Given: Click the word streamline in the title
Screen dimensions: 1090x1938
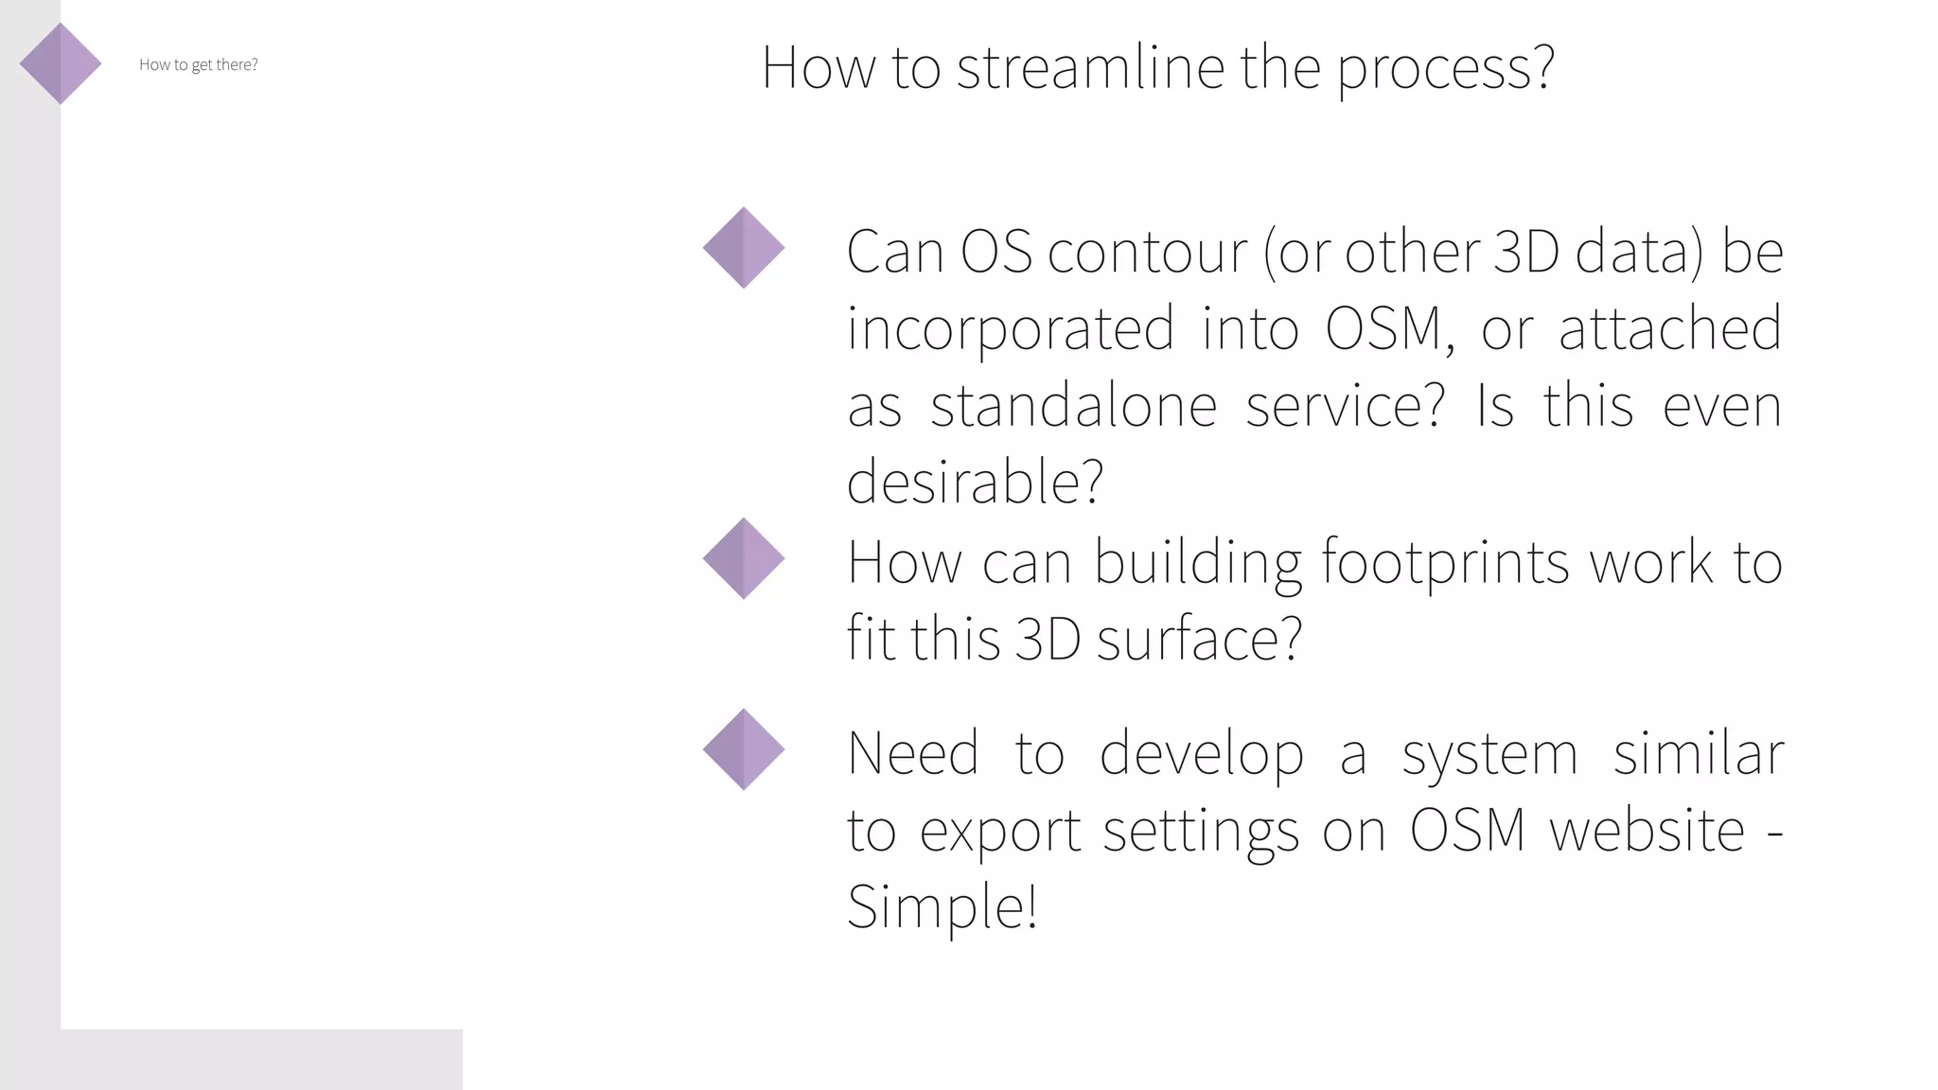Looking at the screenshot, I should (x=1090, y=68).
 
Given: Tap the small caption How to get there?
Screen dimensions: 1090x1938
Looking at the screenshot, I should (x=198, y=64).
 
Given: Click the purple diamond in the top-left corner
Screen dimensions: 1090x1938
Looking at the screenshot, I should (x=61, y=63).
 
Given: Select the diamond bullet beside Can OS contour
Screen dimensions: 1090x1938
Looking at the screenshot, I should (x=744, y=248).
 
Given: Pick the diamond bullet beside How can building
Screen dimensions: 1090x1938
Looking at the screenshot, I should (x=744, y=558).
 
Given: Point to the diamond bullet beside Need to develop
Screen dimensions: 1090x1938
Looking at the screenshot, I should (x=744, y=749).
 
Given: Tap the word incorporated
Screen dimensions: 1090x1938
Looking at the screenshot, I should (x=1010, y=329).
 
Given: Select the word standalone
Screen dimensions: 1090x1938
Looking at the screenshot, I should (x=1073, y=407).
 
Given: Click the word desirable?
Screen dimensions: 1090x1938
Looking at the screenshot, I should (x=975, y=483).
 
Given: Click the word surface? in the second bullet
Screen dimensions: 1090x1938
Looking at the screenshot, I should (x=1199, y=640).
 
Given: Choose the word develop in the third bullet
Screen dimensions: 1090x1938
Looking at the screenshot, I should (x=1201, y=755).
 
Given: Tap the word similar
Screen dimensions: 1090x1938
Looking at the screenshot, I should (x=1698, y=754).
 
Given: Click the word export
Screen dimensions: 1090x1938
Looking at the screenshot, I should (x=1000, y=832).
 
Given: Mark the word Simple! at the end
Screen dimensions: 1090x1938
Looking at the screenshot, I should (x=942, y=907).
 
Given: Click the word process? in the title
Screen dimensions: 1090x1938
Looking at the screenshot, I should (x=1445, y=68).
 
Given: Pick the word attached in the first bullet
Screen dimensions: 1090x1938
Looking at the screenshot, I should (x=1669, y=329).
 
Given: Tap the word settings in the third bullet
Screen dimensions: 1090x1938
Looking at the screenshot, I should (x=1201, y=832).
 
